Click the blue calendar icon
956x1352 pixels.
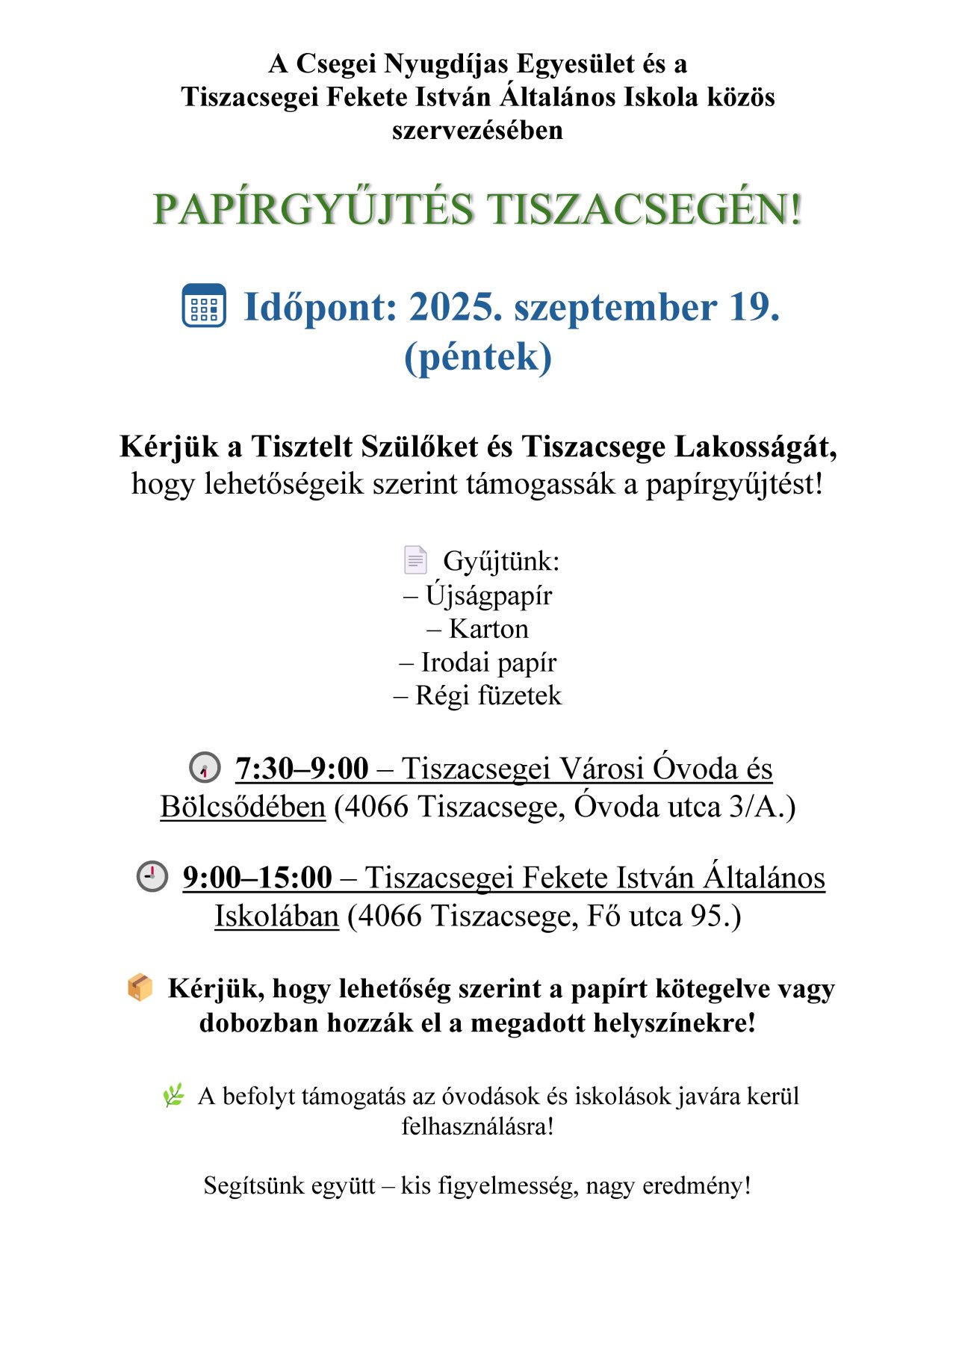tap(204, 306)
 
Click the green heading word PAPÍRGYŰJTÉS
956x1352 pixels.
tap(313, 209)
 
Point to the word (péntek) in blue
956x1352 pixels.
tap(478, 356)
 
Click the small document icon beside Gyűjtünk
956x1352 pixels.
tap(415, 559)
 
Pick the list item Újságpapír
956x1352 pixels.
tap(488, 595)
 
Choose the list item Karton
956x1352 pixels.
tap(488, 629)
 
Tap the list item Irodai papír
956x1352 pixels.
tap(488, 663)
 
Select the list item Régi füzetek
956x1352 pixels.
tap(488, 695)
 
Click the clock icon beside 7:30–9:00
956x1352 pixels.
tap(205, 768)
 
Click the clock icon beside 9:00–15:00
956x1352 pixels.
tap(152, 876)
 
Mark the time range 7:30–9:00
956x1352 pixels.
tap(302, 769)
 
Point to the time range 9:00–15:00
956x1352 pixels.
tap(258, 878)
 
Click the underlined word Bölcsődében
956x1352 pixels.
tap(243, 807)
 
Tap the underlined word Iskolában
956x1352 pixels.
tap(276, 917)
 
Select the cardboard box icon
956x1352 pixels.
tap(140, 987)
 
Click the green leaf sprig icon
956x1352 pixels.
tap(173, 1096)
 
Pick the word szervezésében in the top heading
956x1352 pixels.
tap(477, 131)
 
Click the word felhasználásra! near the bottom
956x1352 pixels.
tap(478, 1126)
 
